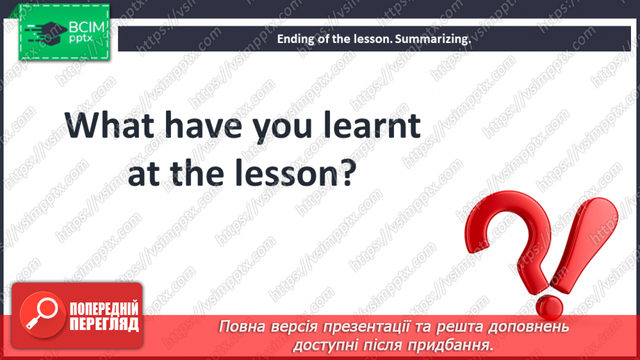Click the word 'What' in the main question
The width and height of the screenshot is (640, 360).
point(109,125)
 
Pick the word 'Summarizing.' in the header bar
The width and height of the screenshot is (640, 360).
point(433,39)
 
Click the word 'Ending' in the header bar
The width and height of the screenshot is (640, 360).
point(292,39)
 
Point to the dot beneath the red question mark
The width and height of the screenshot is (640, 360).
point(550,306)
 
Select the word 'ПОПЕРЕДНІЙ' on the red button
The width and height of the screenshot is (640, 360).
point(104,309)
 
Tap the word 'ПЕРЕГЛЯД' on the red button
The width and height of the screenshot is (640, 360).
point(104,324)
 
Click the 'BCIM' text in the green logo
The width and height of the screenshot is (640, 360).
point(87,27)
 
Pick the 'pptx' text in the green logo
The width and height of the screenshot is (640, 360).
point(81,38)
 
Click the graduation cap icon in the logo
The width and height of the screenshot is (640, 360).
point(47,32)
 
